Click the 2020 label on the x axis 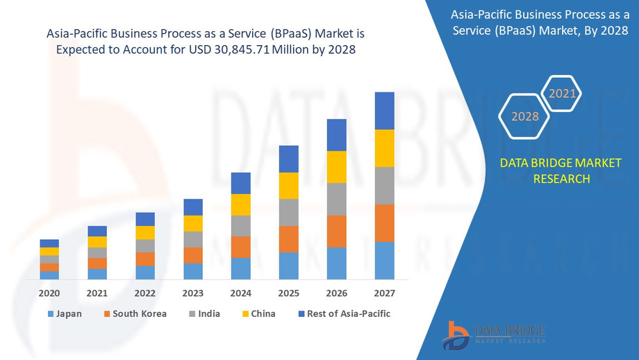tap(49, 293)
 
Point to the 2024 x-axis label tap(240, 293)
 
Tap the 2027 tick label tap(384, 293)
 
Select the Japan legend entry tap(65, 314)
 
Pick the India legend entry tap(204, 314)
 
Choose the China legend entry tap(258, 314)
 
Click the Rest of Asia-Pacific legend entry tap(343, 314)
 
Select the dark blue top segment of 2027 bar tap(384, 111)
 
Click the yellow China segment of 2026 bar tap(336, 167)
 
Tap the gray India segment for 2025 tap(288, 213)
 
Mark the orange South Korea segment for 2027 tap(384, 223)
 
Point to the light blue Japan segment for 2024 tap(240, 268)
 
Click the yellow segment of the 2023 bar tap(193, 223)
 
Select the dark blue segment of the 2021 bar tap(97, 231)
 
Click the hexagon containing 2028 tap(525, 116)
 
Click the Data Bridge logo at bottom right tap(494, 334)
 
